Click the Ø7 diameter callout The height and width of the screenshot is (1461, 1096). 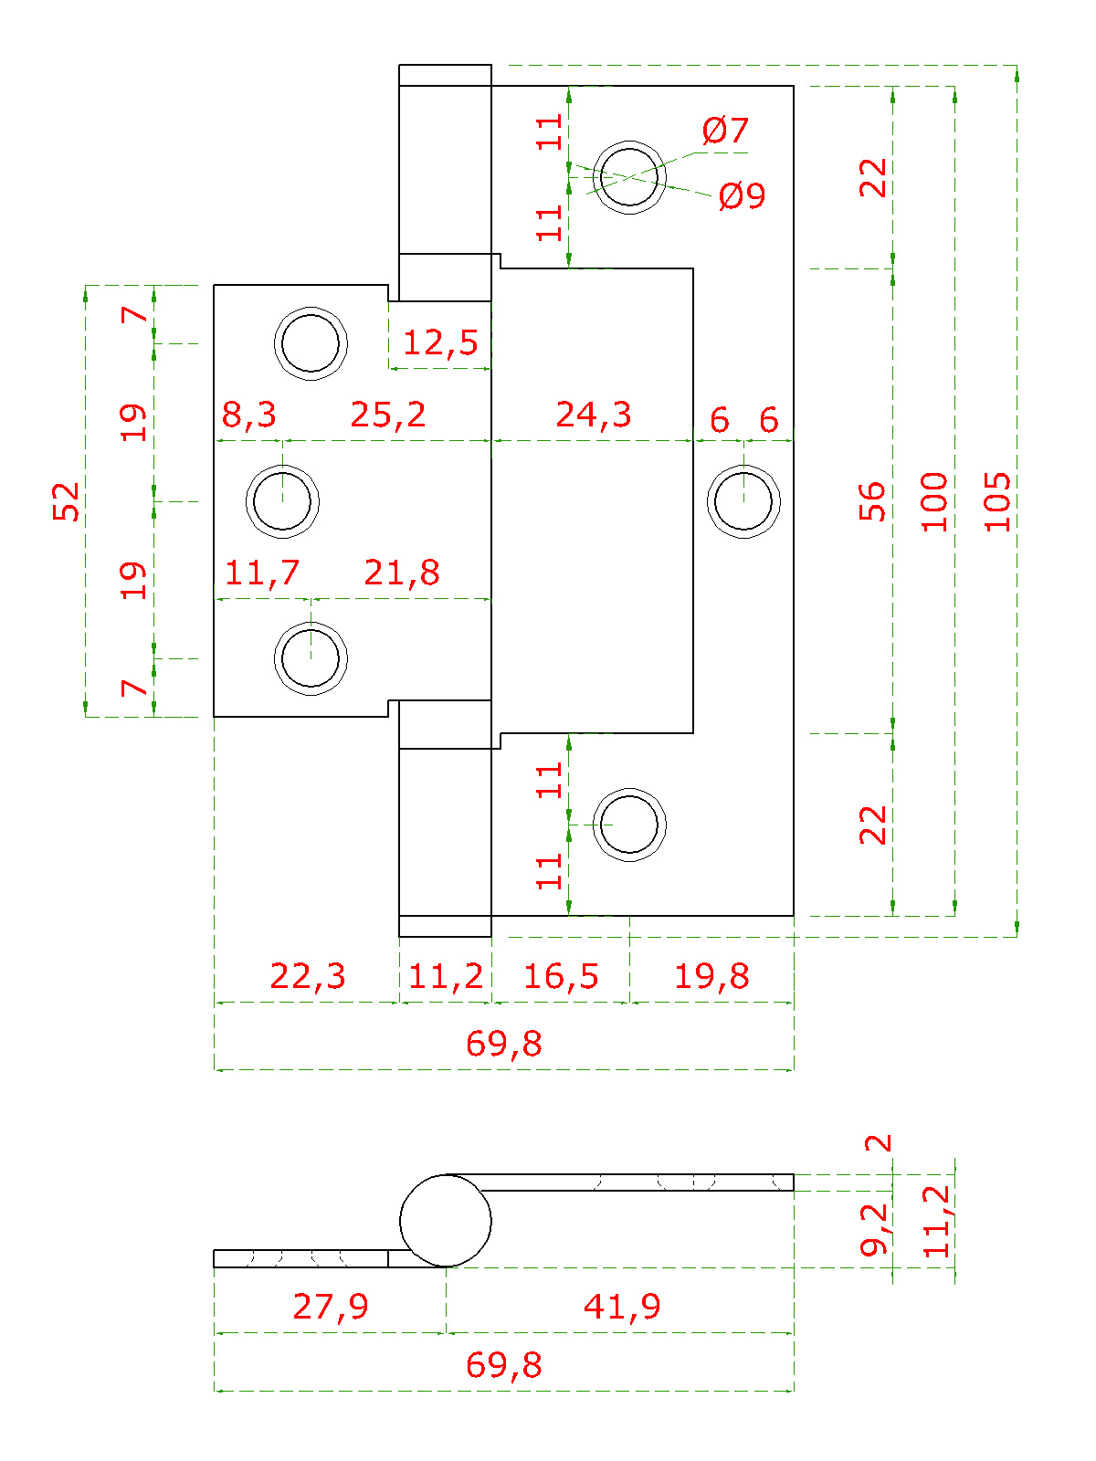(x=724, y=130)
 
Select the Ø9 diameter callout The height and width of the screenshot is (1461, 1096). (x=742, y=195)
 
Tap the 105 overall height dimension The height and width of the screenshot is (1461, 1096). (x=996, y=502)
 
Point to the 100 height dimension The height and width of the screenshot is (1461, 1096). (x=933, y=502)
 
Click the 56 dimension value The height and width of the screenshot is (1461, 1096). (x=871, y=501)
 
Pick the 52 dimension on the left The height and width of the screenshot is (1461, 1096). (x=65, y=501)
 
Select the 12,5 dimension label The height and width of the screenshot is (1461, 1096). (x=440, y=342)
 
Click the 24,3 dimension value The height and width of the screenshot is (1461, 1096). (x=593, y=415)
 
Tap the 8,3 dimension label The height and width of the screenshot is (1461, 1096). (x=248, y=415)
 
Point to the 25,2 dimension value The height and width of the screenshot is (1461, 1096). (x=388, y=415)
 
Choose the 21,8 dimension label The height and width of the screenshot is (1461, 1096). (x=401, y=573)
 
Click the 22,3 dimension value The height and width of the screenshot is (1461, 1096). (x=308, y=976)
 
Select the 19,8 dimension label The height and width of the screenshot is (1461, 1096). (x=711, y=976)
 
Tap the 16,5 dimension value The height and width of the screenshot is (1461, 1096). (x=561, y=976)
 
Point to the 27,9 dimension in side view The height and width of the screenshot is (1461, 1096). (x=330, y=1306)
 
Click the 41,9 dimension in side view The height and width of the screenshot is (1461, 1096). (x=622, y=1306)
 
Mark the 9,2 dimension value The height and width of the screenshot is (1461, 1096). (x=874, y=1229)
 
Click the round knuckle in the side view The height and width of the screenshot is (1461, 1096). (x=445, y=1221)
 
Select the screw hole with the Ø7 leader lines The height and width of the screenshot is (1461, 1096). (x=629, y=177)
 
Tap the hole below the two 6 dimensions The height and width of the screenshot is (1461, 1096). (x=743, y=501)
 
